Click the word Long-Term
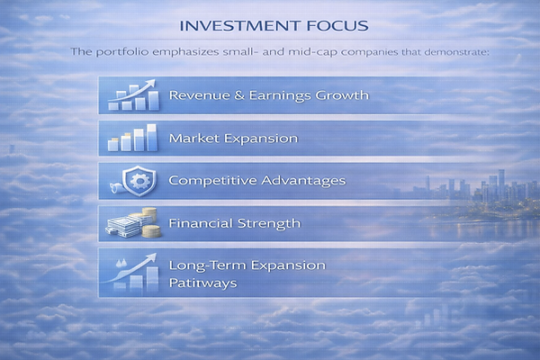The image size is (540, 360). point(204,265)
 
